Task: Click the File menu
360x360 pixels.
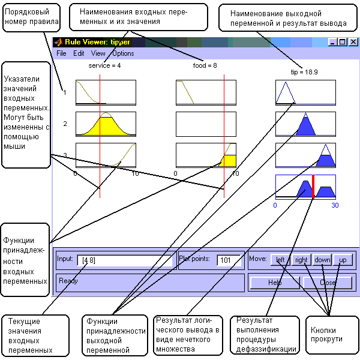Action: pyautogui.click(x=61, y=53)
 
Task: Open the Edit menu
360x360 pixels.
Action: pyautogui.click(x=79, y=53)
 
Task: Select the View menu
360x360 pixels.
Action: pyautogui.click(x=98, y=53)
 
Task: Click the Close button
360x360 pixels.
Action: pyautogui.click(x=328, y=282)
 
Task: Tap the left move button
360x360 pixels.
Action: pyautogui.click(x=280, y=260)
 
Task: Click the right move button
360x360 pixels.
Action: pyautogui.click(x=301, y=260)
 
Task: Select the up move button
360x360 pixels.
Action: pyautogui.click(x=342, y=260)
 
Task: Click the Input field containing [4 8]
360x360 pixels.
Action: pyautogui.click(x=116, y=260)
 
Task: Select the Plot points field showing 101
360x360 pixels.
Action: pyautogui.click(x=229, y=260)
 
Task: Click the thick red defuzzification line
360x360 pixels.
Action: pyautogui.click(x=313, y=187)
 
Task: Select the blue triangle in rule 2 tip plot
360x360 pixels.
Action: pyautogui.click(x=306, y=127)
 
